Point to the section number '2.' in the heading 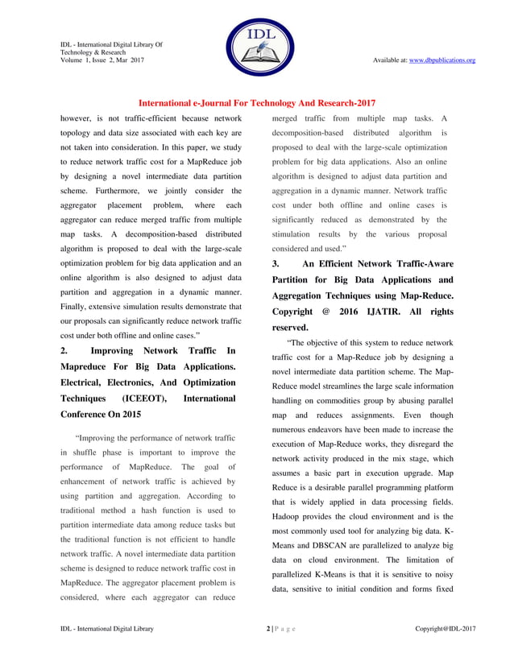point(66,352)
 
